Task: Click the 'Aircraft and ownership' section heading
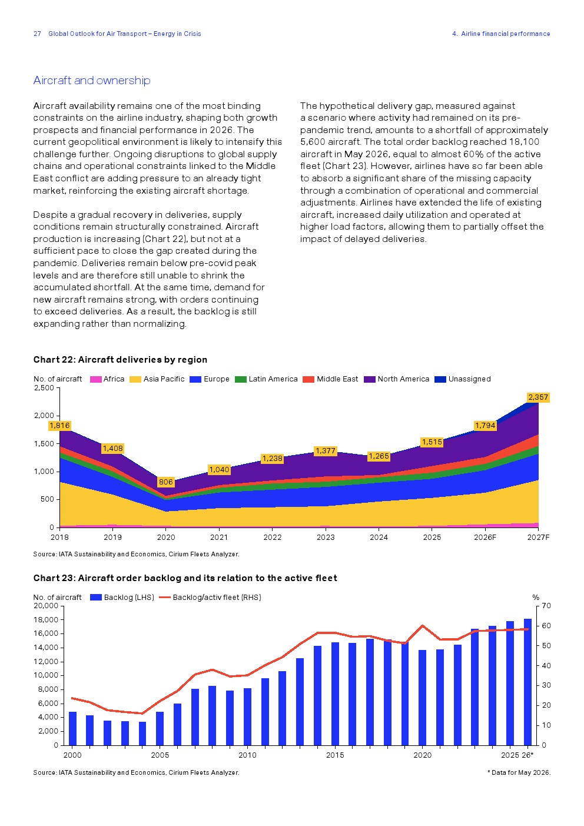92,80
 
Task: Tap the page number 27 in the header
37,34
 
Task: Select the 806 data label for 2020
166,482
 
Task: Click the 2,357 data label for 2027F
538,397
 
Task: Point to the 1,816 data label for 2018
59,426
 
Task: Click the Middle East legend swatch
308,379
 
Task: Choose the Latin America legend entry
266,379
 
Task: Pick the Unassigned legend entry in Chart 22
463,379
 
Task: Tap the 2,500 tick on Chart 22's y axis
44,387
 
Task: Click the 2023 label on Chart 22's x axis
326,538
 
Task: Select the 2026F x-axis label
485,538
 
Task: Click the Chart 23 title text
185,578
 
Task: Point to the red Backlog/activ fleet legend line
165,598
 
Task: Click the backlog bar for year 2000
72,728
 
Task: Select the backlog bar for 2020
422,698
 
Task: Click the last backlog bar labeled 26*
527,682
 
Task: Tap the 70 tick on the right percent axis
546,606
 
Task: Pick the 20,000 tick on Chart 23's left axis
46,606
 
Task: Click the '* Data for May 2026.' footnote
519,772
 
